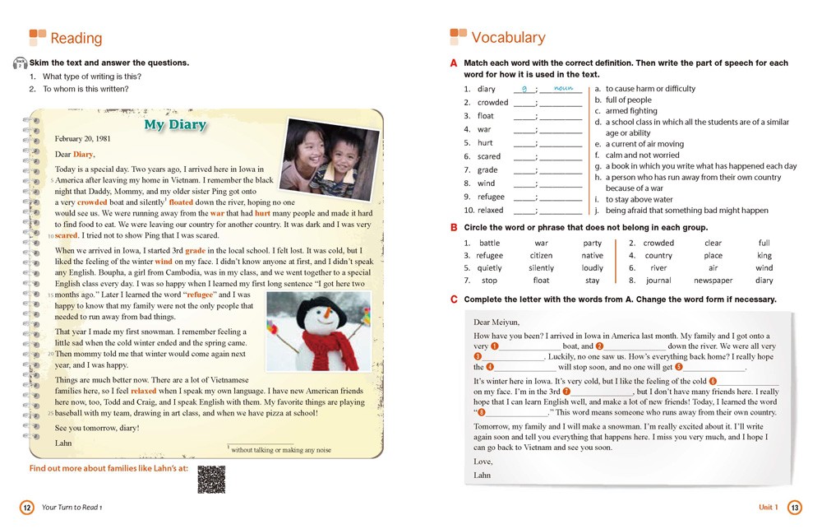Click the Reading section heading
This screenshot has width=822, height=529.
(76, 38)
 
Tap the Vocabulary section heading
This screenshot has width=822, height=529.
(508, 37)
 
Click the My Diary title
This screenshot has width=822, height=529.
(175, 125)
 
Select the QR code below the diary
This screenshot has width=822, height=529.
(211, 479)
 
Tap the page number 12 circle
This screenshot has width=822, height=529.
(26, 508)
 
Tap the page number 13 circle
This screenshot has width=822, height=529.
(794, 508)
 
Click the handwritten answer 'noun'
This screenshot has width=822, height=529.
(563, 87)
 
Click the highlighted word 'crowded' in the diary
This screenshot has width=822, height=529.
(92, 202)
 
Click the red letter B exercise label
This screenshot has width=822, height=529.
(454, 227)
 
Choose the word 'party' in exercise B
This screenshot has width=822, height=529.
(592, 244)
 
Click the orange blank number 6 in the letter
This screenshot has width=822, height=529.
(712, 381)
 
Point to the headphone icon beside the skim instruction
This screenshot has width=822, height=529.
(20, 63)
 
